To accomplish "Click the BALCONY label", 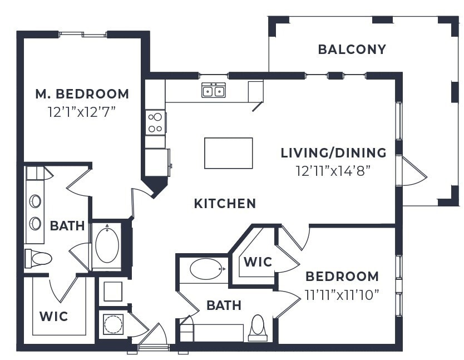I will pyautogui.click(x=352, y=50).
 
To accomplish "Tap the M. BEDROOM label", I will pyautogui.click(x=82, y=94).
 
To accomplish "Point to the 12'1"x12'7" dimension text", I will pyautogui.click(x=82, y=111).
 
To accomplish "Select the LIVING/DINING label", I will pyautogui.click(x=333, y=152).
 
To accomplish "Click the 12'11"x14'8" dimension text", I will pyautogui.click(x=333, y=170).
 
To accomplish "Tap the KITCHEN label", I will pyautogui.click(x=225, y=204).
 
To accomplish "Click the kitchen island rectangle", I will pyautogui.click(x=228, y=153).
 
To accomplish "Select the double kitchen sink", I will pyautogui.click(x=214, y=90).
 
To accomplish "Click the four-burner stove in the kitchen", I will pyautogui.click(x=155, y=122).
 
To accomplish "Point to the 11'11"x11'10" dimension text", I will pyautogui.click(x=342, y=293).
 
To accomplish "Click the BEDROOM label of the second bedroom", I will pyautogui.click(x=342, y=277).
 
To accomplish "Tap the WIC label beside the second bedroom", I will pyautogui.click(x=258, y=262).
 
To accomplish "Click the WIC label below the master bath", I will pyautogui.click(x=54, y=317).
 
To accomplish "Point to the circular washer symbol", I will pyautogui.click(x=113, y=324).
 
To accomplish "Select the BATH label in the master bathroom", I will pyautogui.click(x=67, y=226).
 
